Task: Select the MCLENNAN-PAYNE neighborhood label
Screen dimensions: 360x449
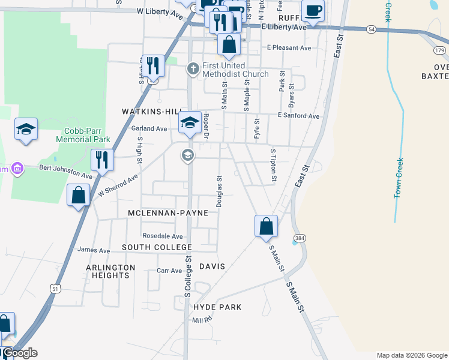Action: pyautogui.click(x=168, y=213)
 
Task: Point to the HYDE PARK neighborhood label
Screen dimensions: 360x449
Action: pyautogui.click(x=217, y=307)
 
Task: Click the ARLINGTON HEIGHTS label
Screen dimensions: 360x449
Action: pyautogui.click(x=107, y=271)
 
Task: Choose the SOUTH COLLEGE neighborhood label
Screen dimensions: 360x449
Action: pyautogui.click(x=157, y=247)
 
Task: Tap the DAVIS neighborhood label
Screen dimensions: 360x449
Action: pyautogui.click(x=211, y=266)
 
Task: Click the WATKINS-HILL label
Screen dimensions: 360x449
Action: pyautogui.click(x=151, y=112)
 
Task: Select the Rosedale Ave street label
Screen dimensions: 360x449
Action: pyautogui.click(x=162, y=236)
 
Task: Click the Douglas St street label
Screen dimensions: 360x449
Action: pyautogui.click(x=220, y=191)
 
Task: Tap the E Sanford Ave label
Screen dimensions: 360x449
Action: pyautogui.click(x=298, y=116)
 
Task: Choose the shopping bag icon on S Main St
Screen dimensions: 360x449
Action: pyautogui.click(x=266, y=226)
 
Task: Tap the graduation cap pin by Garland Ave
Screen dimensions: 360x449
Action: pyautogui.click(x=190, y=123)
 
